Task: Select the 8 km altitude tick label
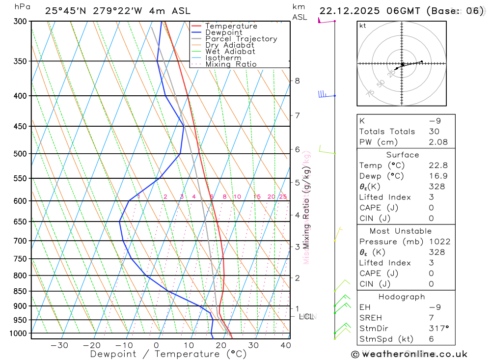[297, 81]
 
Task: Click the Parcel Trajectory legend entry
[241, 39]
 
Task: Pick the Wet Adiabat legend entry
[230, 52]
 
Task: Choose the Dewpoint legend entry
[224, 32]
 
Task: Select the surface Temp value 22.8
[438, 166]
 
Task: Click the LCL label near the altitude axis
[306, 317]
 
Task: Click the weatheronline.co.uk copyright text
[409, 354]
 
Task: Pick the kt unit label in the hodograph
[363, 26]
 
